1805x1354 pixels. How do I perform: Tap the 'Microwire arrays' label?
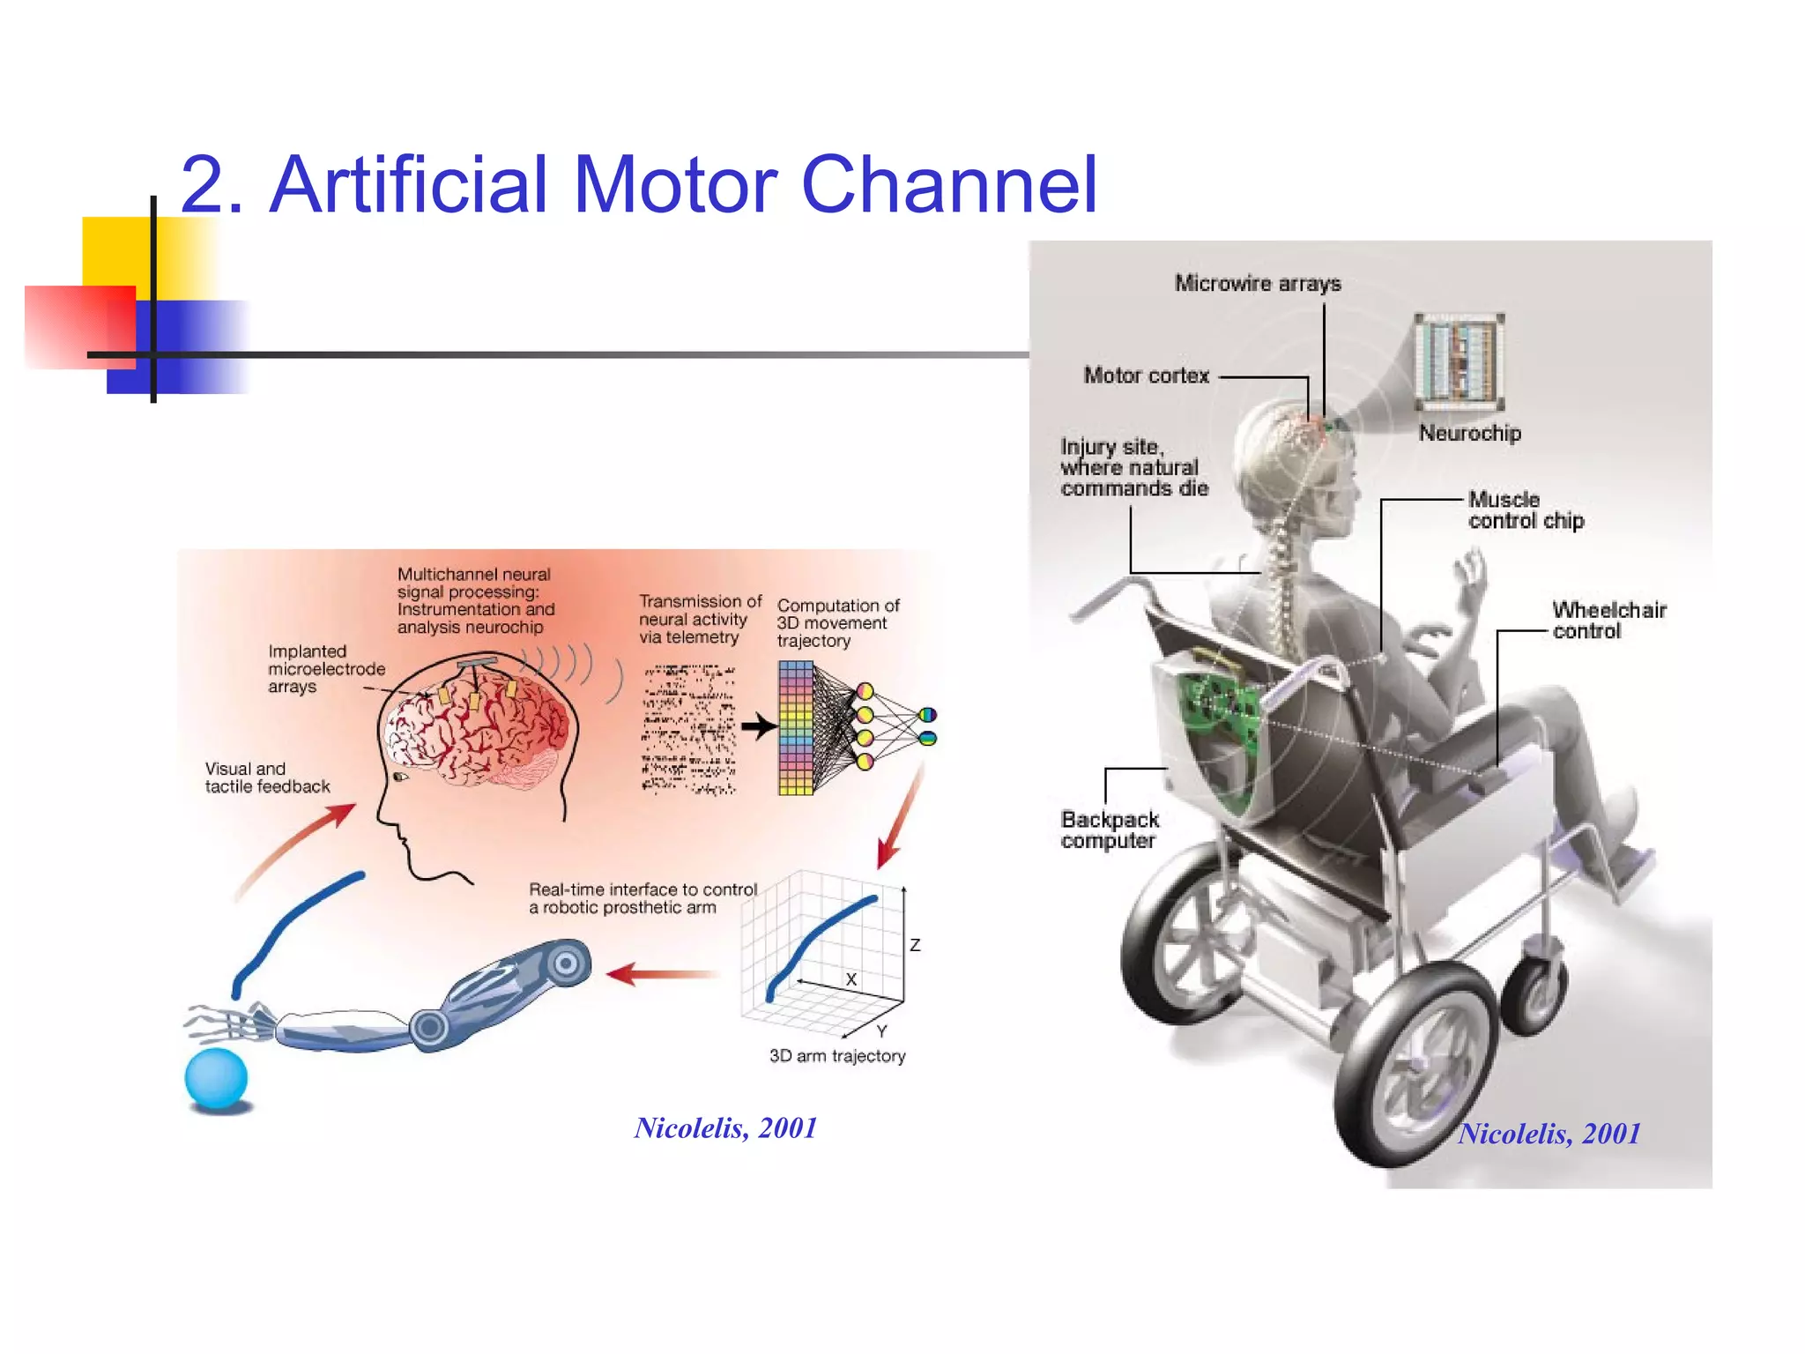[x=1257, y=284]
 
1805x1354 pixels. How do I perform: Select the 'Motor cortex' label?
[x=1146, y=376]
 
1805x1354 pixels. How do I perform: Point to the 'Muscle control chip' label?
[x=1526, y=510]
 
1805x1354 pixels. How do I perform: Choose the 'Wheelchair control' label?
[x=1608, y=621]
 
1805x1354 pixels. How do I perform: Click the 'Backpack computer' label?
[x=1109, y=830]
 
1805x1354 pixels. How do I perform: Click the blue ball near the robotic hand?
[x=216, y=1077]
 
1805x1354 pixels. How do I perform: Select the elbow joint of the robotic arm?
[x=430, y=1027]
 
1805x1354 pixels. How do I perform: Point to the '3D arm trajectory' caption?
[x=836, y=1056]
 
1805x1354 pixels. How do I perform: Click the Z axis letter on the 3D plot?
[x=915, y=945]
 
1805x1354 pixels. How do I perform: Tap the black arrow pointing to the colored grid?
[x=757, y=727]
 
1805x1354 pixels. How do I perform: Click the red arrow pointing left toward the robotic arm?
[x=661, y=974]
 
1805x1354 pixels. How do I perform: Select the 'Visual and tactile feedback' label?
[x=266, y=777]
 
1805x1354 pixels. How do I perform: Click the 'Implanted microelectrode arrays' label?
[x=325, y=669]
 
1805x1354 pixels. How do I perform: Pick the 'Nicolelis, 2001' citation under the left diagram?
[x=725, y=1128]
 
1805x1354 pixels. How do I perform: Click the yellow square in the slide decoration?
[x=119, y=252]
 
